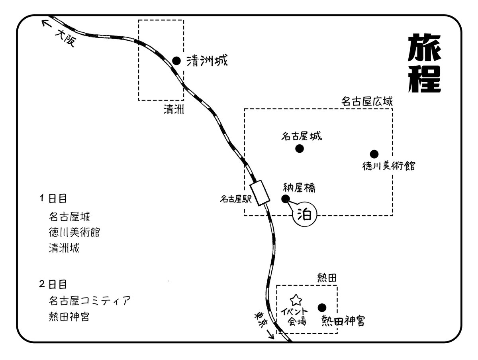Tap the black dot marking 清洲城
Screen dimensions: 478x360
176,61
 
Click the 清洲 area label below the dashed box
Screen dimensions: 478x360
174,109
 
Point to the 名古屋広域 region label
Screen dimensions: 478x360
367,102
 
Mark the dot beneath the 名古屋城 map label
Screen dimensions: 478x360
300,149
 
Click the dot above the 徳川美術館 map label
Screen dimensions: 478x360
374,154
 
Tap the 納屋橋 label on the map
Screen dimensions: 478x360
299,187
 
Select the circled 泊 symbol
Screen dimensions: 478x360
305,215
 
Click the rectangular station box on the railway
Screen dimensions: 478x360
259,193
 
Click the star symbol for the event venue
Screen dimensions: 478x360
296,299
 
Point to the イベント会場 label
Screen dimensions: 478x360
297,316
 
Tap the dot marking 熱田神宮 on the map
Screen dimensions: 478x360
322,307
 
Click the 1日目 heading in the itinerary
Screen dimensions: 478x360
53,198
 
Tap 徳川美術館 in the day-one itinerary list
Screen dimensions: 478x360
74,232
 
